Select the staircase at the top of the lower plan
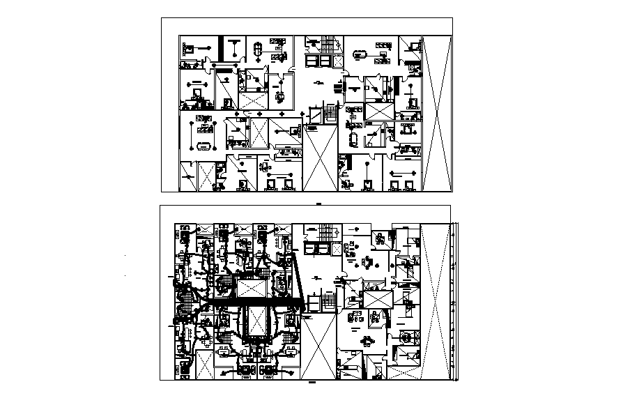(325, 232)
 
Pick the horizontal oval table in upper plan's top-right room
(361, 53)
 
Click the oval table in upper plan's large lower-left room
(205, 146)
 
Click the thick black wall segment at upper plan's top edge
(222, 47)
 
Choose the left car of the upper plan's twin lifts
(311, 61)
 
